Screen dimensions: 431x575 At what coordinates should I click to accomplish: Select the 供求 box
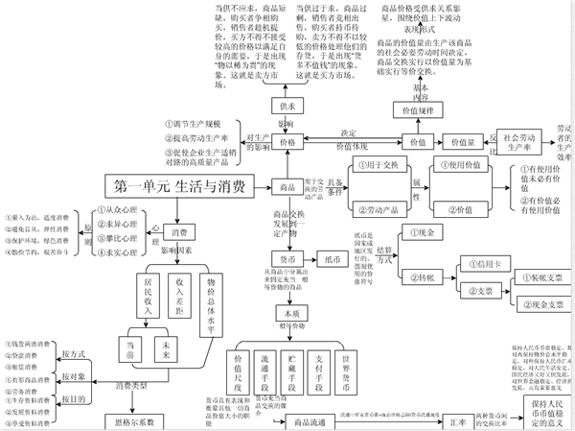click(x=287, y=107)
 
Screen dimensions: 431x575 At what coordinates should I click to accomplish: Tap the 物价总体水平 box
click(x=211, y=303)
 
